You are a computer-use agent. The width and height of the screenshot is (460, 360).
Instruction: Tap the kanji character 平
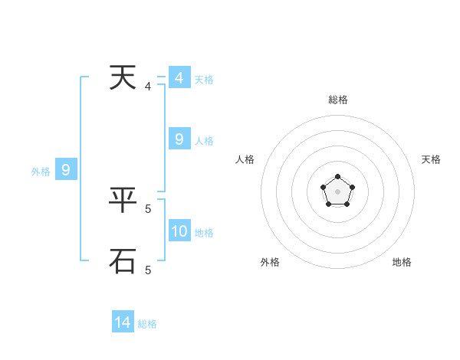(x=123, y=201)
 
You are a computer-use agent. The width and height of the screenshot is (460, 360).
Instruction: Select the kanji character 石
(x=123, y=260)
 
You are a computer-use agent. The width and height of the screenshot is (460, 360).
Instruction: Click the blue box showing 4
(x=179, y=78)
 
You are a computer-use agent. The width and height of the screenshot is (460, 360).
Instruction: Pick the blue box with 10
(x=179, y=231)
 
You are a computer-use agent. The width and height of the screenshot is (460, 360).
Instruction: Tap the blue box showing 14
(x=123, y=322)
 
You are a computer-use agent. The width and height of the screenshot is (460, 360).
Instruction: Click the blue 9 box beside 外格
(x=66, y=170)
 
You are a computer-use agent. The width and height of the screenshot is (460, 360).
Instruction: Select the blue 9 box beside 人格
(x=179, y=139)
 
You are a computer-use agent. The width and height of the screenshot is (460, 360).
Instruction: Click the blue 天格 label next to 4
(x=204, y=80)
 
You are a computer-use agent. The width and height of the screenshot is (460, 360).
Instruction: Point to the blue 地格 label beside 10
(x=204, y=233)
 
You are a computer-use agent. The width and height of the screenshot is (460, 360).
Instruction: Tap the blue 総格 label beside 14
(x=147, y=324)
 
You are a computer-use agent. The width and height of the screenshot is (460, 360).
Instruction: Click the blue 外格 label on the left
(x=41, y=172)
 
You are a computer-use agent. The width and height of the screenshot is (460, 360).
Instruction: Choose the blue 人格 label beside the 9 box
(x=204, y=141)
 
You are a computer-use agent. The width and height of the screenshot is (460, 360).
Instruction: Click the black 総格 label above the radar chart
(x=337, y=100)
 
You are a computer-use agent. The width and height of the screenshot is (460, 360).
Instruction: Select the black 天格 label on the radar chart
(x=432, y=159)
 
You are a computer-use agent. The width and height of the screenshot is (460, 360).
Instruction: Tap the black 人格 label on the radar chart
(x=245, y=159)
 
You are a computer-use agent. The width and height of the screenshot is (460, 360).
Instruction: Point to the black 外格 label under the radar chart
(x=270, y=262)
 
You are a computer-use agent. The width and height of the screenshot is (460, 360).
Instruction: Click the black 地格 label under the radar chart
(x=402, y=262)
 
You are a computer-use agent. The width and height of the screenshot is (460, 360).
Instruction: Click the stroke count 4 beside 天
(x=148, y=87)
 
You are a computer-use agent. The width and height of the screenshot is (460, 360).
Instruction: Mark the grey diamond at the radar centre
(x=337, y=191)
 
